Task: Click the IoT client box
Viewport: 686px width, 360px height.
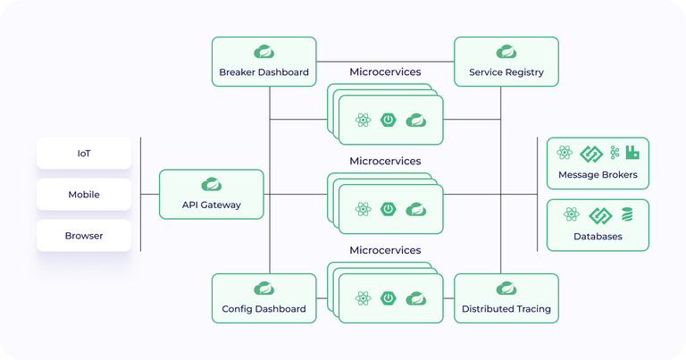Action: click(x=84, y=154)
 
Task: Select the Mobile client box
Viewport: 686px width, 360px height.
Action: click(x=84, y=195)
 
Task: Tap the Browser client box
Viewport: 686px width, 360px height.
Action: click(x=84, y=236)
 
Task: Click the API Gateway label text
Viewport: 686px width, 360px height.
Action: click(x=212, y=205)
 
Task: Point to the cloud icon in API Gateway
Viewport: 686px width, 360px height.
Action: click(x=212, y=184)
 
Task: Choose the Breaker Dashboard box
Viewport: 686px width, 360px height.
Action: click(x=264, y=62)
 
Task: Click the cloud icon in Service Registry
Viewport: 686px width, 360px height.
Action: click(x=506, y=51)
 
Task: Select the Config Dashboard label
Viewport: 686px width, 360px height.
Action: click(x=264, y=309)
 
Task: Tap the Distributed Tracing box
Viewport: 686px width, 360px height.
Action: click(x=506, y=298)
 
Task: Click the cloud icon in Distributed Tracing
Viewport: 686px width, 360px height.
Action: click(x=506, y=288)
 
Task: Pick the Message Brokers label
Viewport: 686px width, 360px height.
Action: click(x=598, y=174)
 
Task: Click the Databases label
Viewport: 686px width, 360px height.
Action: click(x=598, y=236)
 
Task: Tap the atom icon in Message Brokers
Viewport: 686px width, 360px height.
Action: click(x=564, y=153)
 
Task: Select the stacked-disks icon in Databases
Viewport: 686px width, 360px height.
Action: click(x=627, y=214)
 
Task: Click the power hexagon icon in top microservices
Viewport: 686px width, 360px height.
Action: click(x=389, y=120)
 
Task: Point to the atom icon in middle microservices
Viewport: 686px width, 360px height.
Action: click(x=363, y=209)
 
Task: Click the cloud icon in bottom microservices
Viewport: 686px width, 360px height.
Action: click(x=414, y=298)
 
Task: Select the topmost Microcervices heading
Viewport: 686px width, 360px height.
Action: click(x=385, y=71)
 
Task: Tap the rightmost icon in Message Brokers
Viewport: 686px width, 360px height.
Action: click(x=632, y=153)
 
